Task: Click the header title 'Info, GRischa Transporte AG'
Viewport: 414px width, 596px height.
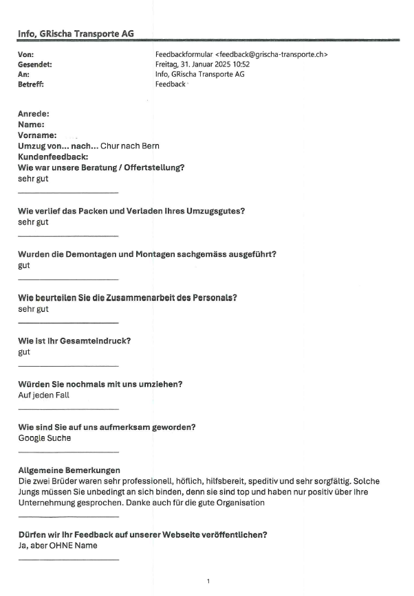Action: pos(76,33)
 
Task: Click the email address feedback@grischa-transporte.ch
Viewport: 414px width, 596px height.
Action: pos(271,54)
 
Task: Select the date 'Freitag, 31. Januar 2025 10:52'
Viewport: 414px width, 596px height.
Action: pos(202,64)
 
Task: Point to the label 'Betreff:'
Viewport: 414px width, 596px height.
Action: pos(32,84)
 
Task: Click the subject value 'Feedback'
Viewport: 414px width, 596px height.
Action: pos(171,84)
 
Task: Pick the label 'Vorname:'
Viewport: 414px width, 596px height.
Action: pos(37,136)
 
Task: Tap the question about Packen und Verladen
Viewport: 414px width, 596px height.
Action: pos(131,211)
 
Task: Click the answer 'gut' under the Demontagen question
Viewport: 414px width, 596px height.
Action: pos(24,265)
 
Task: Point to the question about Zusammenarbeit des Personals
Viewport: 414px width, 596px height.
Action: pos(128,298)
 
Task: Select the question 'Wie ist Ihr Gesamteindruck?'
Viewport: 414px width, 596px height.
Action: pos(74,341)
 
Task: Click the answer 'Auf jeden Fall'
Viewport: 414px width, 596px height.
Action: pos(43,395)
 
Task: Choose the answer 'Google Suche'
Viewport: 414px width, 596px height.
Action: pos(44,438)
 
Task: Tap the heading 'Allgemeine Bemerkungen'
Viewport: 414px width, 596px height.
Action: pos(69,470)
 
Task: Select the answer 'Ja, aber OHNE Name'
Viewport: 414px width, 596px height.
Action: pos(57,545)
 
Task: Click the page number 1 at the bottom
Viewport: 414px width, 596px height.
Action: pos(208,582)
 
